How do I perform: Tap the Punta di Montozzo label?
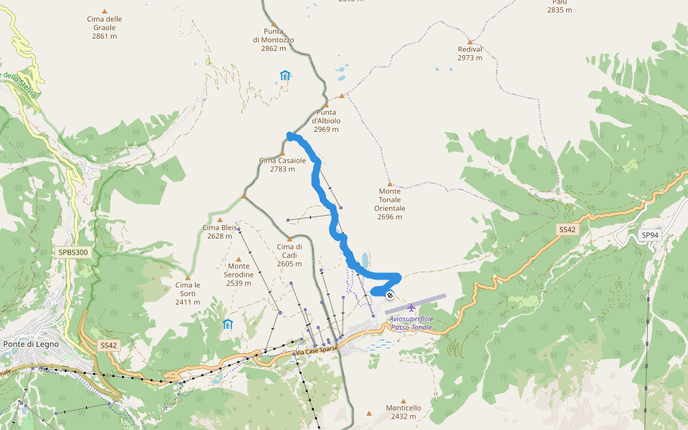click(x=273, y=40)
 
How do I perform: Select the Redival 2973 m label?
click(x=470, y=54)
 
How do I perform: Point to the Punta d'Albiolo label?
click(x=326, y=120)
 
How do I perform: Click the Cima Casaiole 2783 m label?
click(x=282, y=165)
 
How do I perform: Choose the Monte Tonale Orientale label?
click(x=390, y=204)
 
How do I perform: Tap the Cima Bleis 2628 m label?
click(x=220, y=231)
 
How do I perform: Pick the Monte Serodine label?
click(x=239, y=274)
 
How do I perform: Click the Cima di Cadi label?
click(x=290, y=255)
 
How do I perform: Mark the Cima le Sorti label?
click(x=188, y=293)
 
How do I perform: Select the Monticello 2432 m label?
click(x=403, y=411)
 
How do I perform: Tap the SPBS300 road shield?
click(x=74, y=252)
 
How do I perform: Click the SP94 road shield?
click(x=649, y=235)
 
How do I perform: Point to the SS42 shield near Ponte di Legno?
click(x=108, y=345)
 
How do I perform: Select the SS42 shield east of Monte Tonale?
click(x=567, y=229)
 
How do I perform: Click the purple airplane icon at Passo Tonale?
click(x=411, y=308)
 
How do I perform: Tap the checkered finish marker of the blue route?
click(x=390, y=295)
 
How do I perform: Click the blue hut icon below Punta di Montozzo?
click(x=285, y=75)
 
